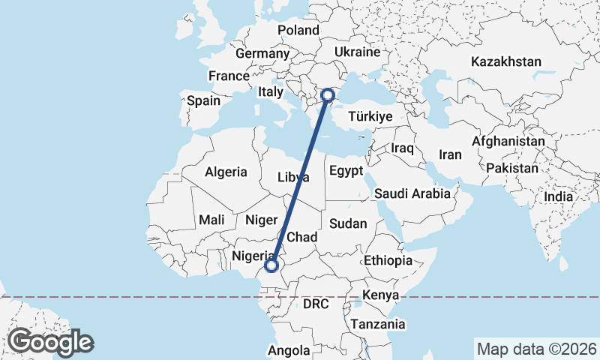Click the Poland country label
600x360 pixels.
pyautogui.click(x=298, y=30)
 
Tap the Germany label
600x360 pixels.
pyautogui.click(x=262, y=54)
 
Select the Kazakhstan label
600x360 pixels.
pyautogui.click(x=506, y=61)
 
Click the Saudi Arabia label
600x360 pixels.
pyautogui.click(x=412, y=193)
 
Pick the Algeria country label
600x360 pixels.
pyautogui.click(x=226, y=172)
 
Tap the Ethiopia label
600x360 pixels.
pyautogui.click(x=388, y=260)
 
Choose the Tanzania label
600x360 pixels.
pyautogui.click(x=377, y=325)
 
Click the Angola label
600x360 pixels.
pyautogui.click(x=289, y=350)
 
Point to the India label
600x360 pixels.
pyautogui.click(x=558, y=196)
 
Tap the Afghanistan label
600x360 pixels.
pyautogui.click(x=508, y=141)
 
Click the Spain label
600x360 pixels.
pyautogui.click(x=203, y=100)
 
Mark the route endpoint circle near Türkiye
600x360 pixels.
pyautogui.click(x=328, y=95)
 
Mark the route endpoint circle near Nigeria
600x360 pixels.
pyautogui.click(x=271, y=265)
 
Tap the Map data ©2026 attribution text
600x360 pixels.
pyautogui.click(x=536, y=349)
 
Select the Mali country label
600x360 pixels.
pyautogui.click(x=211, y=220)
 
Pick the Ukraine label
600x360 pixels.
pyautogui.click(x=357, y=52)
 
